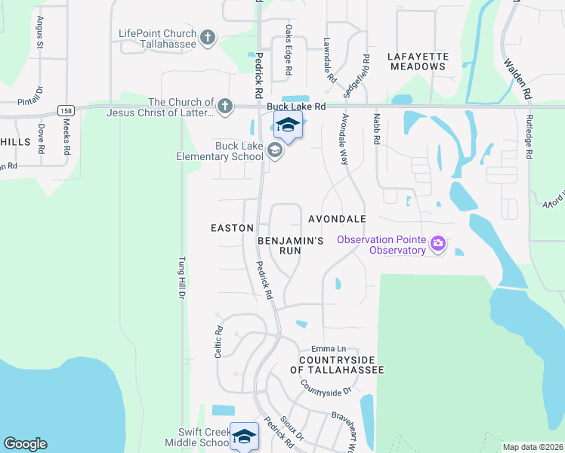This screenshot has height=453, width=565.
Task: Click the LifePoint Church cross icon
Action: [x=208, y=36]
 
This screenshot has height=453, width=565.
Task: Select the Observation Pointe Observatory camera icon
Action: [x=437, y=244]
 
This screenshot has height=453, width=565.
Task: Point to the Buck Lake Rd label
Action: [x=300, y=108]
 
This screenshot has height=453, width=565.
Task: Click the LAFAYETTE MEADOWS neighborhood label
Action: [x=418, y=61]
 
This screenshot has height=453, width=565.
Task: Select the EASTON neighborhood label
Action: [x=232, y=227]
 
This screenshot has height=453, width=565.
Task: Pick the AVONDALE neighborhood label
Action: [x=337, y=219]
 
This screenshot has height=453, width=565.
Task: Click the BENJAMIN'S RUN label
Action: [x=291, y=245]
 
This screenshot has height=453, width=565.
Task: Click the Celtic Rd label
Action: [x=218, y=341]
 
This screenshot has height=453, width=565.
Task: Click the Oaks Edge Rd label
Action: [x=289, y=50]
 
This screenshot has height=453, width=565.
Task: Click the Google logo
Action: [x=25, y=444]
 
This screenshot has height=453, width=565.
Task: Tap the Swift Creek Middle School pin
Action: [x=244, y=436]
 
